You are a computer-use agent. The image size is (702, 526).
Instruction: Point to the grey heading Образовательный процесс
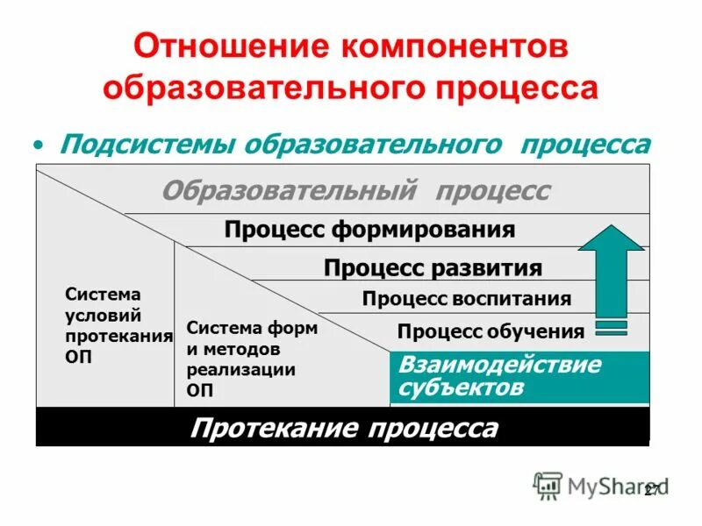coord(356,191)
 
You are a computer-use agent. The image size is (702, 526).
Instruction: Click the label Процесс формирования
coord(369,231)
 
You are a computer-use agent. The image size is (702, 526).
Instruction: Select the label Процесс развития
coord(433,267)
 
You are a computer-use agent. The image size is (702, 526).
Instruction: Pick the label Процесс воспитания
coord(466,299)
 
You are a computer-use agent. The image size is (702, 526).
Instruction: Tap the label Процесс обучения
coord(491,331)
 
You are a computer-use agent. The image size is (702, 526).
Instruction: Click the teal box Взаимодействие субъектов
coord(519,377)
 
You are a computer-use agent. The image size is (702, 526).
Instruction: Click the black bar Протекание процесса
coord(343,429)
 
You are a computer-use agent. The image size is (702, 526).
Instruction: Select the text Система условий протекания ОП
coord(118,325)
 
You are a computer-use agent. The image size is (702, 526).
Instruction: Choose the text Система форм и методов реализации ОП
coord(253,359)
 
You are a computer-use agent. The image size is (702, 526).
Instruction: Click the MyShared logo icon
coord(548,486)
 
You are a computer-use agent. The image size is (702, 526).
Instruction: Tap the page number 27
coord(651,491)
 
